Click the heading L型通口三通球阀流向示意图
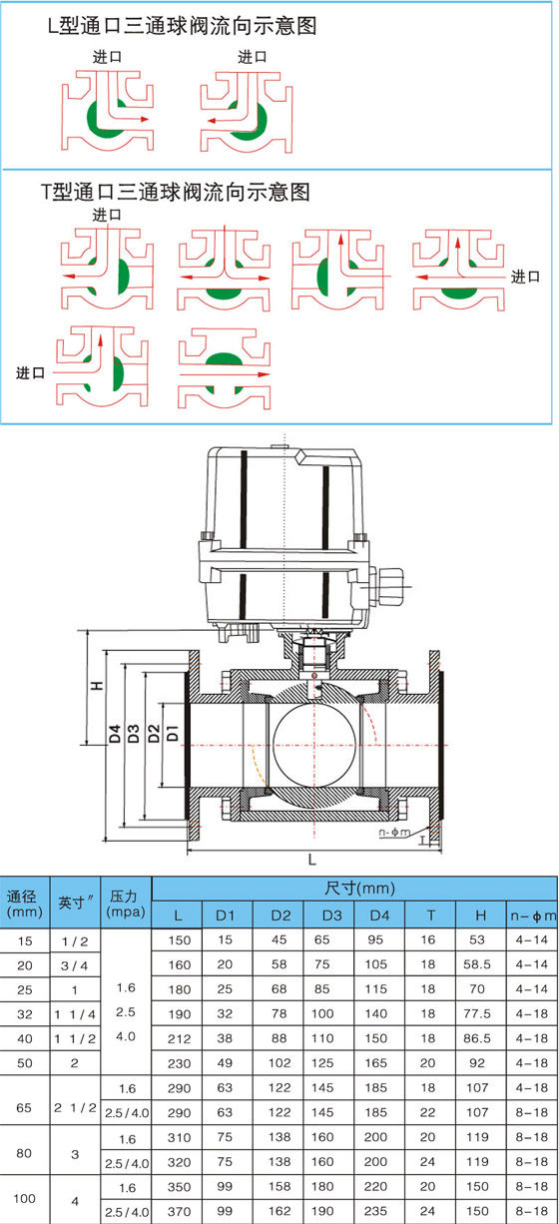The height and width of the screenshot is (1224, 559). (183, 26)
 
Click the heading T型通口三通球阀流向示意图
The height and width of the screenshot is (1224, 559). (176, 192)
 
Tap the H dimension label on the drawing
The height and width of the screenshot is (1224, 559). (97, 685)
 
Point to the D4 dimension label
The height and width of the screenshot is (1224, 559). (115, 734)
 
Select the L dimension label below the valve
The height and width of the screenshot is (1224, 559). (312, 860)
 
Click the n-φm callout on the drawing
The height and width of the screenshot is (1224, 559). (394, 833)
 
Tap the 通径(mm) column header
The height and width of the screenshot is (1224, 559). (25, 904)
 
